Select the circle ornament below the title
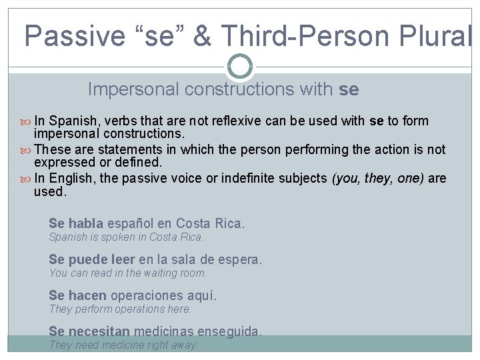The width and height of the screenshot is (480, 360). pyautogui.click(x=240, y=66)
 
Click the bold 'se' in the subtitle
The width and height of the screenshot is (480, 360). pyautogui.click(x=349, y=89)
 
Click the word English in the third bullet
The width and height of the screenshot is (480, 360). pyautogui.click(x=71, y=179)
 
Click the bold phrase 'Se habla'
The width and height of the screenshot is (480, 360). pyautogui.click(x=76, y=224)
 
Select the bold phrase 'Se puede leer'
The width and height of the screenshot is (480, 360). pyautogui.click(x=91, y=260)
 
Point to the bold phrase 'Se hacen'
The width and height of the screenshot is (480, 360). pyautogui.click(x=77, y=296)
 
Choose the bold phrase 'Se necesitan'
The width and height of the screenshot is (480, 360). pyautogui.click(x=89, y=331)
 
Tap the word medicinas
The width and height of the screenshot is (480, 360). pyautogui.click(x=163, y=331)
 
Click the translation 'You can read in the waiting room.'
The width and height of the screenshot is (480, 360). pyautogui.click(x=128, y=273)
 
